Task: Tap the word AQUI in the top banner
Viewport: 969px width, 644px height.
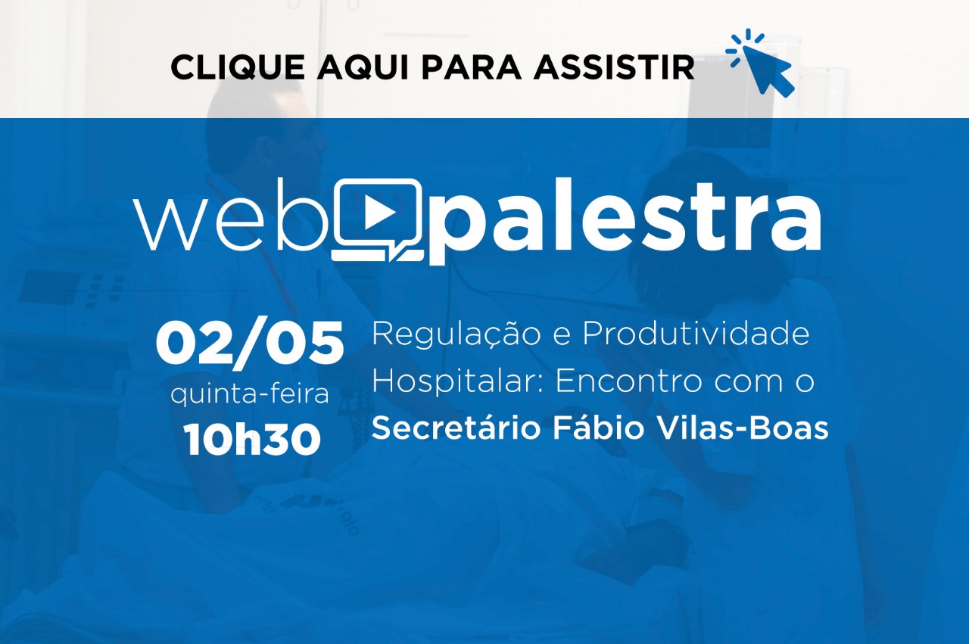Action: coord(363,67)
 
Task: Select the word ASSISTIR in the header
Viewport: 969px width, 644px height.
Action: coord(614,67)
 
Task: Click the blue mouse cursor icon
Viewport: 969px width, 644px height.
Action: coord(761,63)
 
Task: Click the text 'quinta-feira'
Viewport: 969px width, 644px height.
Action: coord(250,395)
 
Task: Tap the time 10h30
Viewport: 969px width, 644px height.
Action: coord(252,439)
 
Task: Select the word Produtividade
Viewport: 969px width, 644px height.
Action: coord(696,333)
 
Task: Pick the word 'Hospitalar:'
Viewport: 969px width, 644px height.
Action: coord(458,383)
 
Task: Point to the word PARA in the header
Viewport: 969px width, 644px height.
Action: coord(471,67)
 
